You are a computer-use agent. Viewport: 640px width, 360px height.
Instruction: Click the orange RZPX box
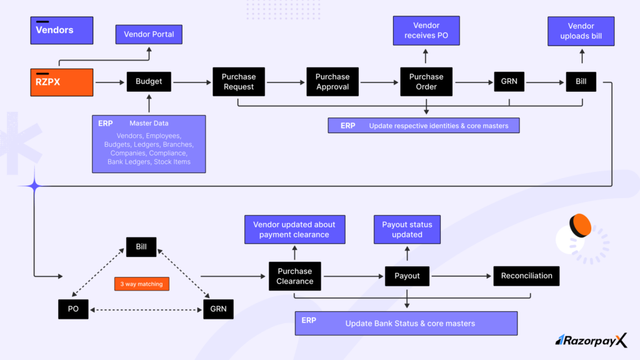62,82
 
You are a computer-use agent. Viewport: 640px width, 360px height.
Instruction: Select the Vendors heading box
62,30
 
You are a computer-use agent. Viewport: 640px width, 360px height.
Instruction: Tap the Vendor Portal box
149,34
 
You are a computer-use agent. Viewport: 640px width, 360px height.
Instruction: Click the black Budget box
149,82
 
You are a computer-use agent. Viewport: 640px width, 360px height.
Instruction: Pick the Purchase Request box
239,82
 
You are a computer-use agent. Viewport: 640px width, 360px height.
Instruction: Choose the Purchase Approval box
332,82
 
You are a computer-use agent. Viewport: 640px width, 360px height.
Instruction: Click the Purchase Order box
426,82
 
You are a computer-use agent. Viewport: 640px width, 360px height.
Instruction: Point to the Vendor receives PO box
426,31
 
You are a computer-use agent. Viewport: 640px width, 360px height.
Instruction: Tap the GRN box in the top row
509,82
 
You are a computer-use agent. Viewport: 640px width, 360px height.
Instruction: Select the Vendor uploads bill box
581,31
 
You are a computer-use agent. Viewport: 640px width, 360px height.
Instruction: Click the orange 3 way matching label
142,284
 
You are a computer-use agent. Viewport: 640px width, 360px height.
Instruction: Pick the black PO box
73,309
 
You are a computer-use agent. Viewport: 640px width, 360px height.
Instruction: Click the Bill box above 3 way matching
141,247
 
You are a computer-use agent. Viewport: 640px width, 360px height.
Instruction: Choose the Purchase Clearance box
295,276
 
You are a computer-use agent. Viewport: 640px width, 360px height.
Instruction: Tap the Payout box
407,276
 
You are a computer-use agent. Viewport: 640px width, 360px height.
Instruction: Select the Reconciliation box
526,276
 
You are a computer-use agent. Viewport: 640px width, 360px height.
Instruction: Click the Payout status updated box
407,229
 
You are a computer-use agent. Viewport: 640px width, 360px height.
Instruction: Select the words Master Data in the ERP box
149,123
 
